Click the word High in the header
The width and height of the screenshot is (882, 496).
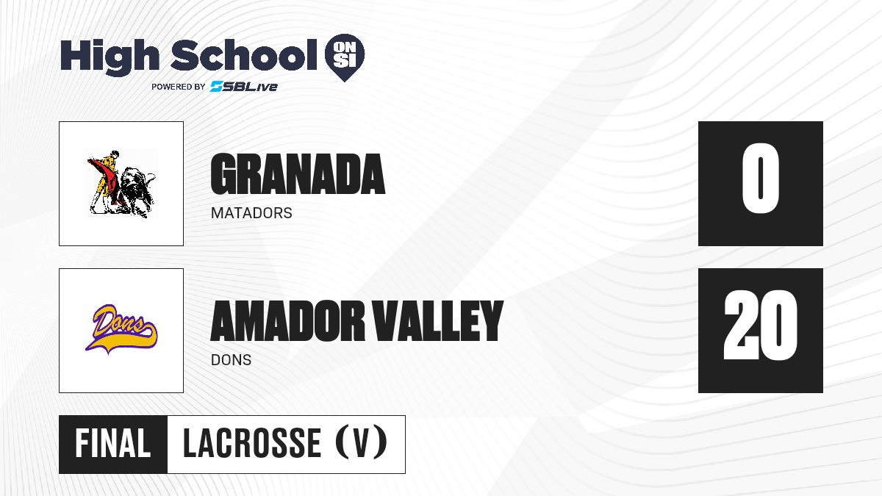click(110, 57)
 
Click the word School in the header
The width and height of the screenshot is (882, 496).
click(244, 54)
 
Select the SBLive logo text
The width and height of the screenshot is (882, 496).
click(244, 87)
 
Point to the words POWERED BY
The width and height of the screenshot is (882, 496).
click(178, 87)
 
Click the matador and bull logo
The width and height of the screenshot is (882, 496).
click(121, 184)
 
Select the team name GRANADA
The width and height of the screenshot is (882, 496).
click(298, 174)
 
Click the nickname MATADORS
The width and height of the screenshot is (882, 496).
click(251, 213)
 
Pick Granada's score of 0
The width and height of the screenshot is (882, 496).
click(760, 179)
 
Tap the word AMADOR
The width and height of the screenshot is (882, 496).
click(288, 321)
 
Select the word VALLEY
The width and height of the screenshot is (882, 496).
click(438, 321)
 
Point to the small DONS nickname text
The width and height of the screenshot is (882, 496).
click(231, 360)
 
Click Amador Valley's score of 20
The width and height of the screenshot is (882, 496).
click(760, 325)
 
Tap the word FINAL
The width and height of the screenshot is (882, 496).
click(113, 443)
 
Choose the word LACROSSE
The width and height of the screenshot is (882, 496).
click(252, 443)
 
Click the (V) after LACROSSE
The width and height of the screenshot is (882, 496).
click(361, 442)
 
